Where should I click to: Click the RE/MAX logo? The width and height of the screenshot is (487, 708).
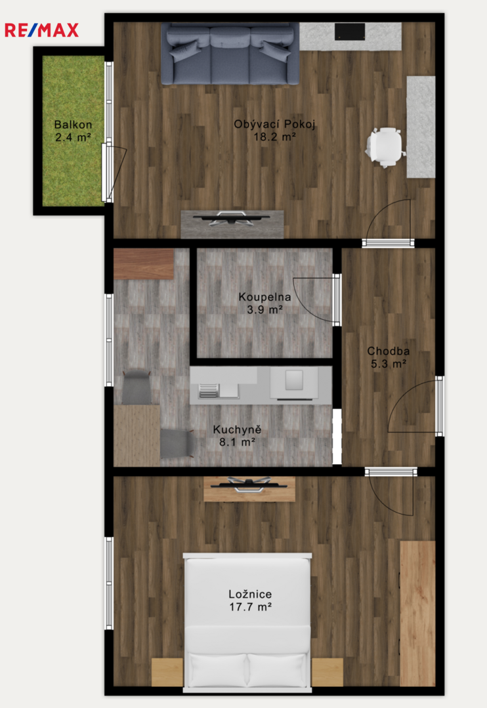tap(41, 30)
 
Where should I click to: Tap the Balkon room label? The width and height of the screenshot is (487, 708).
tap(74, 125)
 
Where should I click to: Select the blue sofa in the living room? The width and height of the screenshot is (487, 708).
tap(230, 53)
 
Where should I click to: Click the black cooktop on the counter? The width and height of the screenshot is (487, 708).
tap(350, 31)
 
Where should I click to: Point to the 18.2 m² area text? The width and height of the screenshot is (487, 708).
tap(274, 137)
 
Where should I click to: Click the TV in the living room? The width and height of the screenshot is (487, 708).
tap(231, 217)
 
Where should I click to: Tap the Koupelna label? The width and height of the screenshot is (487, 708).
tap(265, 297)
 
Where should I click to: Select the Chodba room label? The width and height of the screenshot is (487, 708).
tap(389, 351)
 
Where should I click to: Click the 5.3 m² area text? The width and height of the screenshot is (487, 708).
tap(389, 363)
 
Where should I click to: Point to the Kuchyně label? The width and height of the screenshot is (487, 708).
tap(237, 429)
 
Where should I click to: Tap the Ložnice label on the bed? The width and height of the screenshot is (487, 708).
tap(250, 594)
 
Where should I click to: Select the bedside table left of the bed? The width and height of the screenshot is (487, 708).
tap(167, 672)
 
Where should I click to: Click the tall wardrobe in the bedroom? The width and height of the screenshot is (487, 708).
tap(417, 613)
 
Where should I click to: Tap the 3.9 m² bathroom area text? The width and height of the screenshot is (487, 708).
tap(265, 309)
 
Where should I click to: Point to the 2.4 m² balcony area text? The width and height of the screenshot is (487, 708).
tap(74, 137)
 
